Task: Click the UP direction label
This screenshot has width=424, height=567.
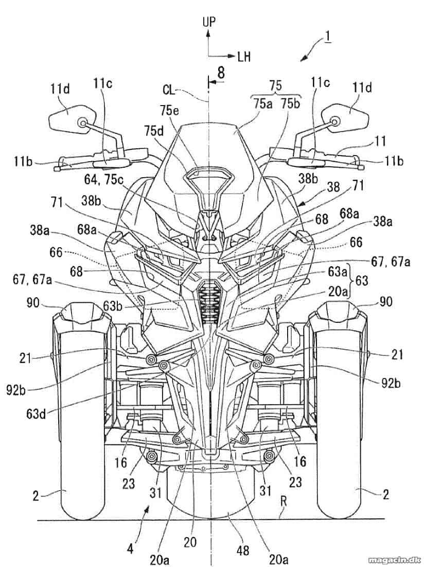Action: click(209, 22)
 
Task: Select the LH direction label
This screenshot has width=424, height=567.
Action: click(244, 57)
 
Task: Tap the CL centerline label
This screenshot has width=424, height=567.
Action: click(169, 89)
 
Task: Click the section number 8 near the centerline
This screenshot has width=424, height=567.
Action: click(221, 73)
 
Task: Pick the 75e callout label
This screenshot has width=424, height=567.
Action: click(169, 110)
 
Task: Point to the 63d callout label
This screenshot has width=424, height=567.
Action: click(36, 413)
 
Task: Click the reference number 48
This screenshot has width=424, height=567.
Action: click(243, 551)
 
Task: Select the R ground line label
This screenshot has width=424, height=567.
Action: click(284, 502)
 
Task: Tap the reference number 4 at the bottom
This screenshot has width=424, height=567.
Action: click(130, 549)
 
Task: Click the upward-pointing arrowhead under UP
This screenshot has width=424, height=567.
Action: click(208, 33)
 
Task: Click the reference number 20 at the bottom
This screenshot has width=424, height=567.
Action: click(190, 542)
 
